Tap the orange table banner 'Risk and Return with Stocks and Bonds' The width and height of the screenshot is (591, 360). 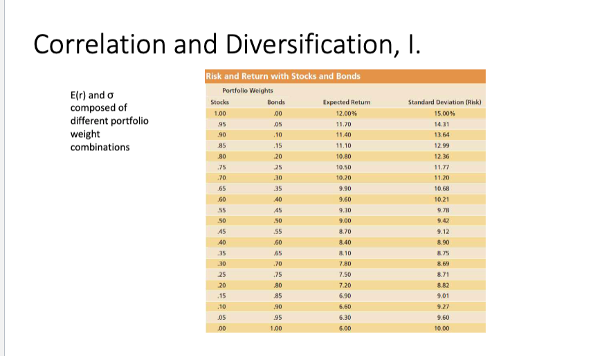[x=283, y=75]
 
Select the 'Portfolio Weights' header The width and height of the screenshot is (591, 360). [x=247, y=91]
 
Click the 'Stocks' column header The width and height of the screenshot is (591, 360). [x=219, y=102]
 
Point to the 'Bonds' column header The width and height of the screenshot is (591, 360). [x=276, y=102]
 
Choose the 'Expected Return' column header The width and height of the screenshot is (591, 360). [x=347, y=102]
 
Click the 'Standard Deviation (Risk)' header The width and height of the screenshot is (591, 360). [x=444, y=102]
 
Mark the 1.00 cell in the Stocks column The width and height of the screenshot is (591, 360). [x=220, y=113]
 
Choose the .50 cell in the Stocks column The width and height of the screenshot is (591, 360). [x=220, y=220]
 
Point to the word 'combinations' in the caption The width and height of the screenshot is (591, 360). [x=100, y=147]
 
